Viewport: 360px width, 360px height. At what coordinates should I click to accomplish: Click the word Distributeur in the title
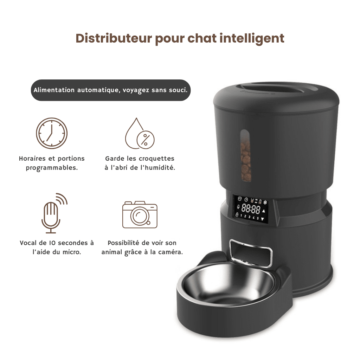coord(114,38)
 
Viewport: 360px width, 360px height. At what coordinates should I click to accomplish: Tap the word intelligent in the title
coord(252,39)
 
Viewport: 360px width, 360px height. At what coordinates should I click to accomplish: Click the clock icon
coord(52,133)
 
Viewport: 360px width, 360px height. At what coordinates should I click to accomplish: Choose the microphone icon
coord(54,213)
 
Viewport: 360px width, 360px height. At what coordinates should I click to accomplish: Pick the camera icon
coord(140,215)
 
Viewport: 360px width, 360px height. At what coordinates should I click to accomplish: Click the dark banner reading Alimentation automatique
coord(111,90)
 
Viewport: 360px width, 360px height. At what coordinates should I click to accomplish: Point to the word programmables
coord(52,168)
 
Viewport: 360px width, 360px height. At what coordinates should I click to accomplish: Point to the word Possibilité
coord(123,243)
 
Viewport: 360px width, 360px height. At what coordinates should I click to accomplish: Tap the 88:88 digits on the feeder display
coord(251,209)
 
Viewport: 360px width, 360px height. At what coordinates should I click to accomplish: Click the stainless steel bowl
coord(226,284)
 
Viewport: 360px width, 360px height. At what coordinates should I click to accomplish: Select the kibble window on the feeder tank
coord(245,155)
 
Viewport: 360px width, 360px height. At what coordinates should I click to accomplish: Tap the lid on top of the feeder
coord(276,96)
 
